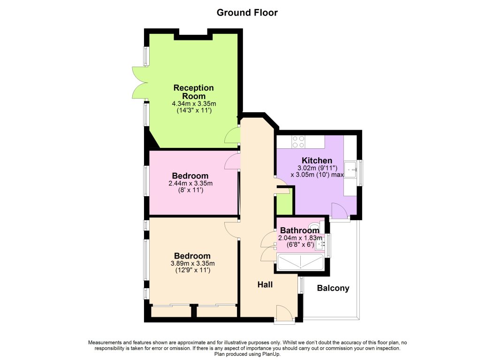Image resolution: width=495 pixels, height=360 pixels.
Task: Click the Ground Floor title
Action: click(247, 13)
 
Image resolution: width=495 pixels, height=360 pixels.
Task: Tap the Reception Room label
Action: click(193, 92)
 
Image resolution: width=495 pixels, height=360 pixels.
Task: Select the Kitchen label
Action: click(317, 161)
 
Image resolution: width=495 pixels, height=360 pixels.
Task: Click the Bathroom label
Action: click(300, 230)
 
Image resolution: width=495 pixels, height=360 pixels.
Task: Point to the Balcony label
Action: click(333, 288)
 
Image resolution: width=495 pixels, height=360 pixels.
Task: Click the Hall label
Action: click(265, 285)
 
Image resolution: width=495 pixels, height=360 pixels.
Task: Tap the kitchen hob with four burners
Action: click(298, 141)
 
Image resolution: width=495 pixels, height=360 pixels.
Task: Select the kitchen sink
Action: click(351, 170)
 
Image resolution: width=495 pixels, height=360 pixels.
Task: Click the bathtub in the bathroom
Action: click(300, 262)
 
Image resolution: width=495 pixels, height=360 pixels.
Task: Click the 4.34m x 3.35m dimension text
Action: click(194, 104)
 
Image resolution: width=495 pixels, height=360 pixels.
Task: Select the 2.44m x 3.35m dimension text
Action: click(190, 184)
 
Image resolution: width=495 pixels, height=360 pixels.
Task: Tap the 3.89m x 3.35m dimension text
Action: click(192, 263)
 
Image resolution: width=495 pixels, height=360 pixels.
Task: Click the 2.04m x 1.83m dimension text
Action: click(300, 238)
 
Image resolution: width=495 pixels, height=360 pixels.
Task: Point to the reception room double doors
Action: click(140, 83)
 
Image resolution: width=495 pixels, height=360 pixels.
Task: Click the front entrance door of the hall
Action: click(284, 314)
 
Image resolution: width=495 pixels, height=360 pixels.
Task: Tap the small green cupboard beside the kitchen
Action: click(284, 203)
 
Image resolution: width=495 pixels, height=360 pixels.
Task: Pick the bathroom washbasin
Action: click(320, 244)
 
